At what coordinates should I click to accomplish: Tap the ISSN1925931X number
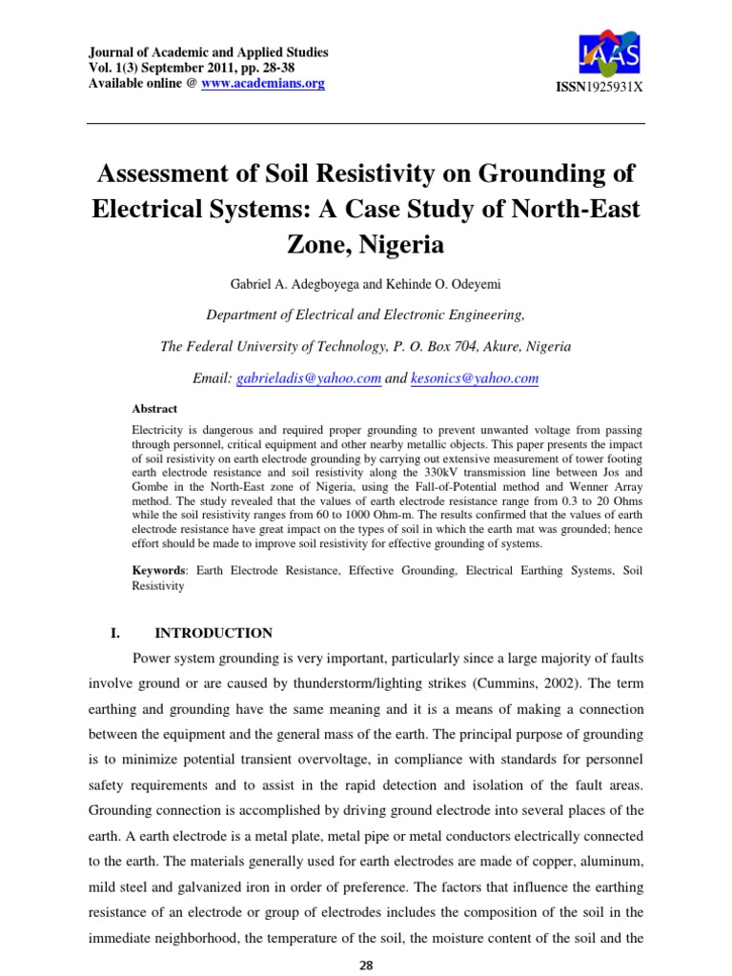[600, 87]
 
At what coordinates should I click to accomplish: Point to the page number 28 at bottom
[365, 965]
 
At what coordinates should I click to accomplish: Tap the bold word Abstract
[153, 409]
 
